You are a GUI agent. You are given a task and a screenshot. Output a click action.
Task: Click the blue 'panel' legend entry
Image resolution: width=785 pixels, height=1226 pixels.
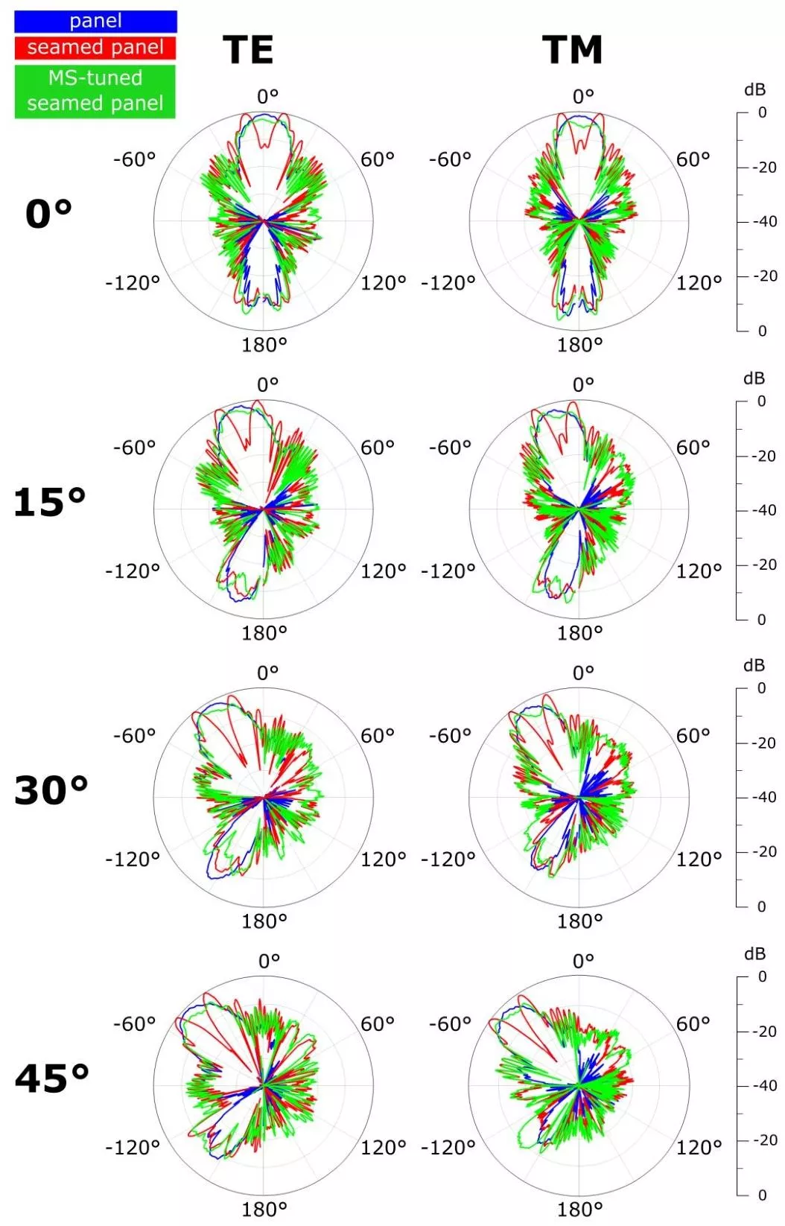[x=95, y=22]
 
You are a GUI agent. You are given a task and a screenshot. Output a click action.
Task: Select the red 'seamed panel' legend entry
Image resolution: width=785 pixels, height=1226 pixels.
[x=95, y=48]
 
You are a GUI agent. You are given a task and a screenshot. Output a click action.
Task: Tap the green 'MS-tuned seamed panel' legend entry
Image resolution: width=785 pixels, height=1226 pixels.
[x=95, y=91]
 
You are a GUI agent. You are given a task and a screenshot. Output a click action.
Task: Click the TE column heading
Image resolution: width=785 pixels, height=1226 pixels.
[x=248, y=50]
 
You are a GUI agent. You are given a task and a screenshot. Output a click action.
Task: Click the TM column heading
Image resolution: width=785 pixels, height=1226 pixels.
[x=573, y=50]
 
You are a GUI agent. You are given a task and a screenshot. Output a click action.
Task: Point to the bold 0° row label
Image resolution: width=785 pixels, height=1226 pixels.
[x=48, y=214]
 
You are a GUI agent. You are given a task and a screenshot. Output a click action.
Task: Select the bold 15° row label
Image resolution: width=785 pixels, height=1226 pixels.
[x=49, y=502]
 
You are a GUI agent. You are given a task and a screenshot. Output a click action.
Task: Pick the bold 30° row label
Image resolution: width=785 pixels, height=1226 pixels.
[x=51, y=790]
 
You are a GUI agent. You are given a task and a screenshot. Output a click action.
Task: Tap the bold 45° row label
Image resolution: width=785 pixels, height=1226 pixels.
[x=51, y=1079]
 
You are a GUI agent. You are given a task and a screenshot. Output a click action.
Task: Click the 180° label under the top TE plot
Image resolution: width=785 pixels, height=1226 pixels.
[x=264, y=345]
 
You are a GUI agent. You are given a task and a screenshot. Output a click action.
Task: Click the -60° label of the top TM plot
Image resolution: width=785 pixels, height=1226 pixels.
[x=450, y=159]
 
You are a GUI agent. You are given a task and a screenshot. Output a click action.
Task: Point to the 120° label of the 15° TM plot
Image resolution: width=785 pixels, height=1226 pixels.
[x=699, y=571]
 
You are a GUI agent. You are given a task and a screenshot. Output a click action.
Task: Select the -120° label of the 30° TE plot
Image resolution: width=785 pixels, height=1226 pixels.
[x=133, y=859]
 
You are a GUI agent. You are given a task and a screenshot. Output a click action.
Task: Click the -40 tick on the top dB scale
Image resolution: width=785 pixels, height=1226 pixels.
[x=765, y=222]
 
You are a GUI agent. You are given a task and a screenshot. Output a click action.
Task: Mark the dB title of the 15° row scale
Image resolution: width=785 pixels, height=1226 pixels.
[x=754, y=378]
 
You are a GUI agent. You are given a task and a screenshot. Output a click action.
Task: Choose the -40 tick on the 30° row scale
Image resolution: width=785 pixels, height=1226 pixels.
[x=764, y=797]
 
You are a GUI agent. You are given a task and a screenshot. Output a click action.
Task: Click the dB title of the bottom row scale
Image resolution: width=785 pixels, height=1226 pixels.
[x=754, y=954]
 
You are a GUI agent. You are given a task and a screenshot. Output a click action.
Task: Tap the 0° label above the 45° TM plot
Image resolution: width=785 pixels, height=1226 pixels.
[x=584, y=961]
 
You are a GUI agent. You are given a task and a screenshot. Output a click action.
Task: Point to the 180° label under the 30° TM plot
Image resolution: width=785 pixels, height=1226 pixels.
[x=579, y=921]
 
